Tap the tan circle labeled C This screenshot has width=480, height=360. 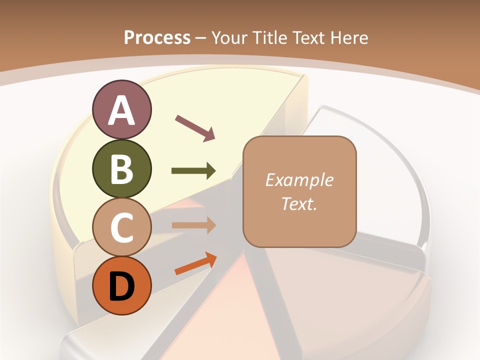[x=121, y=227]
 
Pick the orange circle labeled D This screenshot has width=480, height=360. [x=121, y=285]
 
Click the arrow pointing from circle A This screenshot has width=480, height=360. [x=195, y=127]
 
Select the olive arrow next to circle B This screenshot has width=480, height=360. [x=193, y=171]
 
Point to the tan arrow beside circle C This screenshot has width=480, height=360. [x=193, y=225]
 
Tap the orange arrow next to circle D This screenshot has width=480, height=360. [x=195, y=264]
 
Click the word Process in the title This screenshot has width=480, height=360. [x=157, y=37]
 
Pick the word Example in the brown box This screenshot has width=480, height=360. [x=299, y=180]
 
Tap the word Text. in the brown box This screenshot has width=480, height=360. [x=299, y=203]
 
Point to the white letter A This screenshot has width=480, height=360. [x=122, y=111]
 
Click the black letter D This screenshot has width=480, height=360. [x=122, y=286]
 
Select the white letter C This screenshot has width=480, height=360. [x=122, y=228]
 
